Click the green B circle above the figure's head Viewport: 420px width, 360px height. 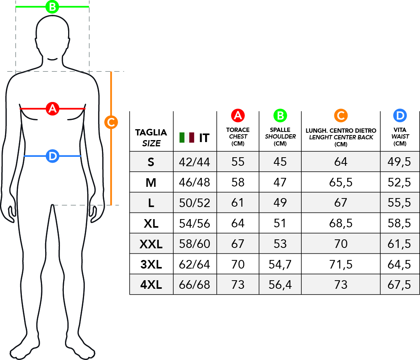[x=52, y=7]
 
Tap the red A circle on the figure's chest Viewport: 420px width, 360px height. [x=53, y=109]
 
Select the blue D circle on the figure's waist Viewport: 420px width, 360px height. [x=53, y=156]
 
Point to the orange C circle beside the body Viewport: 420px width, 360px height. [x=111, y=122]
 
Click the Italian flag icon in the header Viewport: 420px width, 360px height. [x=187, y=137]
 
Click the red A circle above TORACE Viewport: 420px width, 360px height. [x=238, y=116]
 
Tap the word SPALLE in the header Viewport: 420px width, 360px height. [x=280, y=130]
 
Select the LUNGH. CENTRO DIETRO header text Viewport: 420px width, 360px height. [x=341, y=130]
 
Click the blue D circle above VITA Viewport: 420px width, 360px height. [x=400, y=116]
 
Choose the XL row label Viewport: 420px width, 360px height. [x=151, y=223]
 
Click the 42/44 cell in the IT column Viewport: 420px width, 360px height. [x=195, y=162]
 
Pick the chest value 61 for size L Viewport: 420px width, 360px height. [x=237, y=202]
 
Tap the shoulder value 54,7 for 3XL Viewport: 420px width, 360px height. [x=280, y=264]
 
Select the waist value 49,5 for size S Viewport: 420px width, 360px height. [x=399, y=162]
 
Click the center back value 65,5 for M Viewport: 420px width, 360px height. [x=341, y=183]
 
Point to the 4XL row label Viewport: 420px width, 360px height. [x=151, y=285]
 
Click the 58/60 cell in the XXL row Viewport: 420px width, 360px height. [x=195, y=244]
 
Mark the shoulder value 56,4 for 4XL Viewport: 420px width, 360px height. [x=280, y=285]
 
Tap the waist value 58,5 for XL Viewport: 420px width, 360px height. [x=399, y=223]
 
